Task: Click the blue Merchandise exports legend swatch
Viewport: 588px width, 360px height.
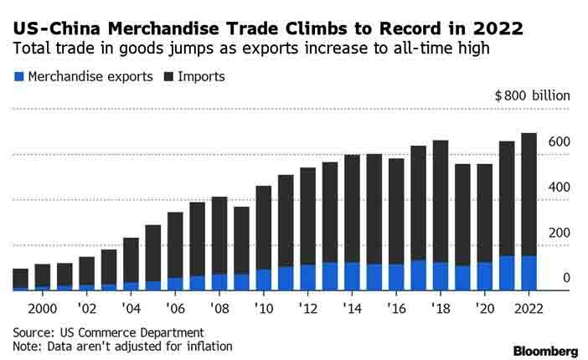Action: (x=18, y=77)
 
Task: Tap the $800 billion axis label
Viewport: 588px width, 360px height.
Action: (x=532, y=95)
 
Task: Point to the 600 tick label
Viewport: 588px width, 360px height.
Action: (x=559, y=141)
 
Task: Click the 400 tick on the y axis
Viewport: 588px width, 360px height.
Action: (x=559, y=187)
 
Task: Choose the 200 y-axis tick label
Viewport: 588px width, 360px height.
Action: (x=559, y=233)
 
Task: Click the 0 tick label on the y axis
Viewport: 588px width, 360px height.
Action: (x=566, y=278)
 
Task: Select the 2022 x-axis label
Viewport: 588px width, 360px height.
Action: (x=529, y=308)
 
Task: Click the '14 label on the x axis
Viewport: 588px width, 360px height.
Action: (x=351, y=308)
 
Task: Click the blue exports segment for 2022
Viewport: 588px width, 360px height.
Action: (x=529, y=273)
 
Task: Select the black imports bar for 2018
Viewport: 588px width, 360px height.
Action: (x=441, y=201)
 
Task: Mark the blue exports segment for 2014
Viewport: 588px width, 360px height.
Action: (x=352, y=276)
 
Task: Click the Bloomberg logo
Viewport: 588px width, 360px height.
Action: (x=545, y=350)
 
